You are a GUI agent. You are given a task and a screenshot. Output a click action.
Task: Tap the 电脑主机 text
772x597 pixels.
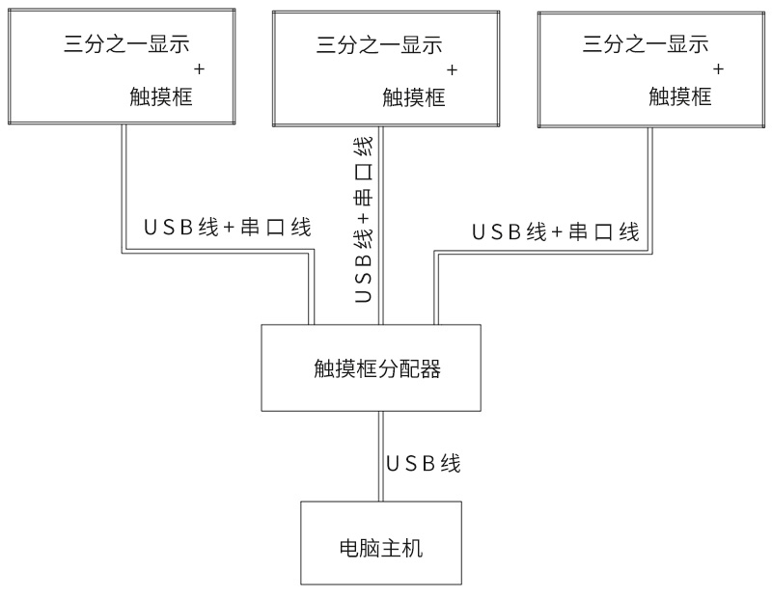381,551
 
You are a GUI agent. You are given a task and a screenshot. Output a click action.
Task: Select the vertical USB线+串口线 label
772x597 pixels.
364,220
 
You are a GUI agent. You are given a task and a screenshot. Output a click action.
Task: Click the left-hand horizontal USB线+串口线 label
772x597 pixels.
227,229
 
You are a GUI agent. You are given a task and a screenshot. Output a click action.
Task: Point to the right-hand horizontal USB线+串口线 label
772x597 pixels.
555,232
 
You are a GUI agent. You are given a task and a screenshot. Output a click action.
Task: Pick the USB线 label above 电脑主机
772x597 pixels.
424,464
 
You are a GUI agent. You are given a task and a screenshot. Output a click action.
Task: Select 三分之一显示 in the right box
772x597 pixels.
646,43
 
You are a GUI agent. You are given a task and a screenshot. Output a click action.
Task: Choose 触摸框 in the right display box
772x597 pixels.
680,95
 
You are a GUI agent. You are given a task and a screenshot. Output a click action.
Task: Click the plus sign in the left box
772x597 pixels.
200,68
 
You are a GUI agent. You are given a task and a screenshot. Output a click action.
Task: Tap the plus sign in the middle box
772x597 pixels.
453,69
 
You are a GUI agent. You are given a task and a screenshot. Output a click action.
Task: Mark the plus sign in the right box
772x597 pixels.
718,68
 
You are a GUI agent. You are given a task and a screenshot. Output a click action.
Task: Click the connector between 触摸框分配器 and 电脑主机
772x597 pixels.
381,456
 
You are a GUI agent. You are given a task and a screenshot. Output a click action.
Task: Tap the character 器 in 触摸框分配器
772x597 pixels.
433,368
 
